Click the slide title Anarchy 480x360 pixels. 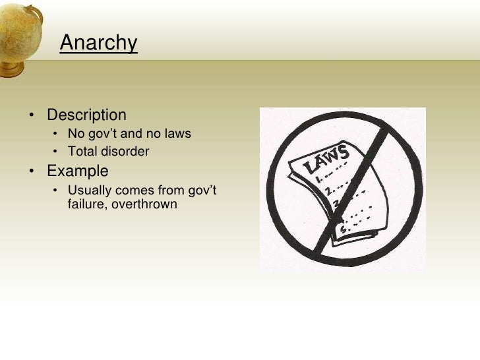point(98,44)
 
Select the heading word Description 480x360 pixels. point(86,115)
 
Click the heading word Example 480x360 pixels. point(78,171)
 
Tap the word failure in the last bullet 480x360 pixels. point(86,204)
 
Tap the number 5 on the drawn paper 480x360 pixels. point(342,229)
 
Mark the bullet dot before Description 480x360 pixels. point(32,116)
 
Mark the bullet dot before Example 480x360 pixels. point(32,172)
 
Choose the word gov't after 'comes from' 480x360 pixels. point(202,191)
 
